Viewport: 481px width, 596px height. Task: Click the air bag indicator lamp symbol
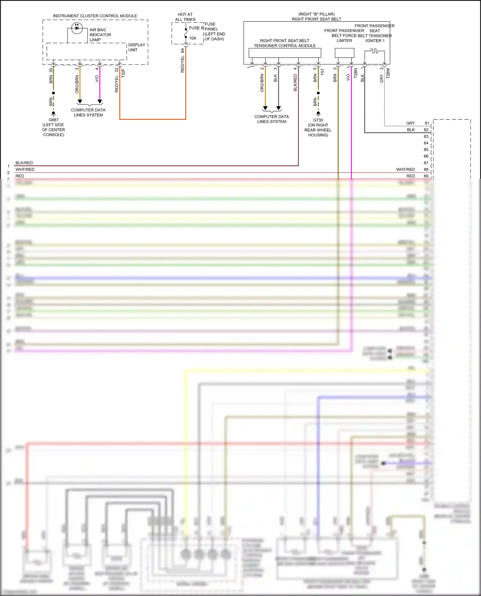(77, 28)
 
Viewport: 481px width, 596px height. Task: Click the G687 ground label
(54, 120)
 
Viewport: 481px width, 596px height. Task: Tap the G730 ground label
(318, 120)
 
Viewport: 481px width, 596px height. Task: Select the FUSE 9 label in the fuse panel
(196, 28)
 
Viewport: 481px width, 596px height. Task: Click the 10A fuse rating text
(192, 38)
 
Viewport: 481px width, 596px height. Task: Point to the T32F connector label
(123, 73)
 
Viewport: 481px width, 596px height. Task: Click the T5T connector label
(323, 72)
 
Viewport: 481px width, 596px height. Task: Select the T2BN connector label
(356, 73)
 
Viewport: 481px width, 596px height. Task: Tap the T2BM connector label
(388, 73)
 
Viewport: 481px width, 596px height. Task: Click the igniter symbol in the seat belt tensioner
(375, 51)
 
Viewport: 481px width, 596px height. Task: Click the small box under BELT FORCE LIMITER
(344, 53)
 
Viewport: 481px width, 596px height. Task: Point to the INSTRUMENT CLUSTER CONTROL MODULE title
(95, 16)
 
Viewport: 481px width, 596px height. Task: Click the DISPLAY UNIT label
(137, 47)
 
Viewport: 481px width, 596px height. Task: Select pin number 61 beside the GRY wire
(427, 123)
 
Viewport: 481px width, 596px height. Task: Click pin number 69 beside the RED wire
(426, 176)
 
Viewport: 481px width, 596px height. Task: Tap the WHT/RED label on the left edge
(25, 169)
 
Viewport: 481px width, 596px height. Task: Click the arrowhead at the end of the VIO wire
(100, 102)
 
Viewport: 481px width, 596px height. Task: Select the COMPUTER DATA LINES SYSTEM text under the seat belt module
(272, 119)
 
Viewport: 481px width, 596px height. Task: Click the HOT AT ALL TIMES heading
(185, 17)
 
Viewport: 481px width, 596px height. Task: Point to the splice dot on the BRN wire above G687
(54, 93)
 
